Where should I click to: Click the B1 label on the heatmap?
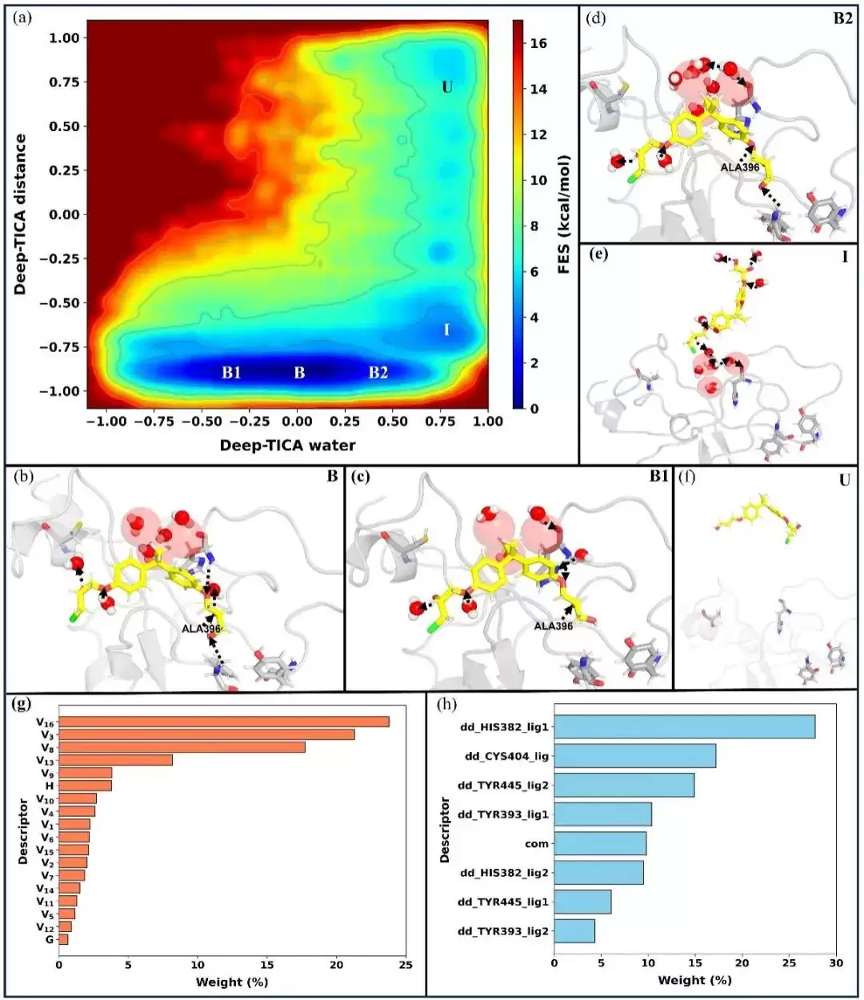(231, 373)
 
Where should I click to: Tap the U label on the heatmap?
(447, 87)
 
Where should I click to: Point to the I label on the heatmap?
(446, 330)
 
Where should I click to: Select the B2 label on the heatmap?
(378, 373)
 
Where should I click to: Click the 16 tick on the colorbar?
(538, 43)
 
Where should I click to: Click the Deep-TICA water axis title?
(288, 445)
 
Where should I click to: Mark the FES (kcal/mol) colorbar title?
(564, 215)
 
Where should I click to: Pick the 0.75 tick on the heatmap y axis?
(64, 82)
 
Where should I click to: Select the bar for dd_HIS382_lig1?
(685, 726)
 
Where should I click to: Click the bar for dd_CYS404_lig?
(635, 756)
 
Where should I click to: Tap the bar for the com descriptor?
(600, 844)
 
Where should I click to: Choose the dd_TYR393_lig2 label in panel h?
(503, 931)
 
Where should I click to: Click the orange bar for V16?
(224, 722)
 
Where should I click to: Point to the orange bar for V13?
(116, 760)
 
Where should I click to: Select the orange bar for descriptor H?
(85, 786)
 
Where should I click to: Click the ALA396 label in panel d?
(740, 167)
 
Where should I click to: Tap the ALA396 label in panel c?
(554, 626)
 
